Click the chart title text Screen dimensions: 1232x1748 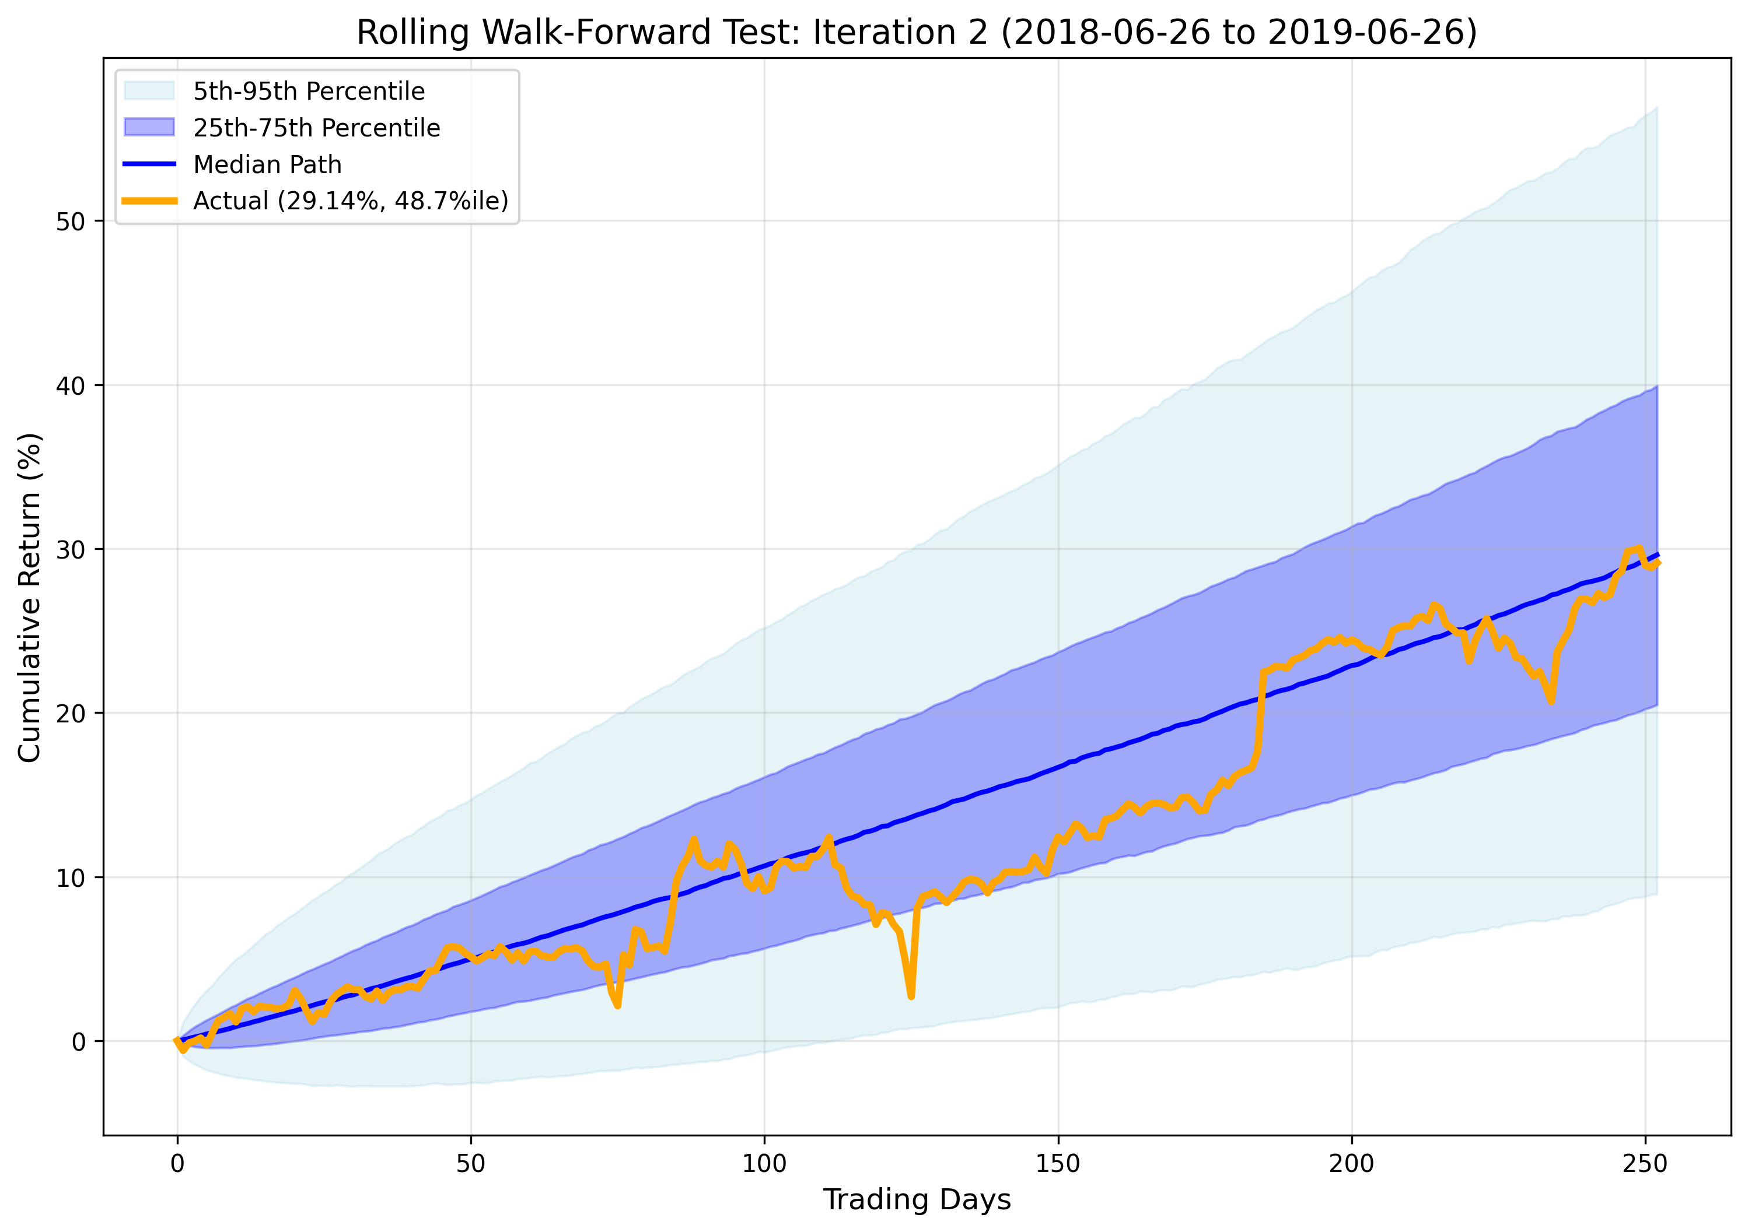tap(917, 33)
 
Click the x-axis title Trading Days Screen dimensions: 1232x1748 tap(917, 1199)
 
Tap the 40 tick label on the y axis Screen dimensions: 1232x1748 tap(70, 386)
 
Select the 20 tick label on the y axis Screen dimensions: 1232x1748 tap(70, 714)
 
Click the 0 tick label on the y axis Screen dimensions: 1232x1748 tap(78, 1042)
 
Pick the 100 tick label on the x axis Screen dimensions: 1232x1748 tap(764, 1164)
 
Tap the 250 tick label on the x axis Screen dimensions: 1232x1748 tap(1645, 1164)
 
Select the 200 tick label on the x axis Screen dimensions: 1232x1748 tap(1351, 1164)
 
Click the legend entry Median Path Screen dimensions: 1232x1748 tap(267, 164)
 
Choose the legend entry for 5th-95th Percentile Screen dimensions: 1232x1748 tap(308, 92)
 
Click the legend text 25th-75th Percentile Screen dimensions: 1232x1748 tap(316, 128)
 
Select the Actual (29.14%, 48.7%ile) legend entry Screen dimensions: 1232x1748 tap(350, 201)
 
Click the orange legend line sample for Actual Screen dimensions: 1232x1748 tap(150, 201)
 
